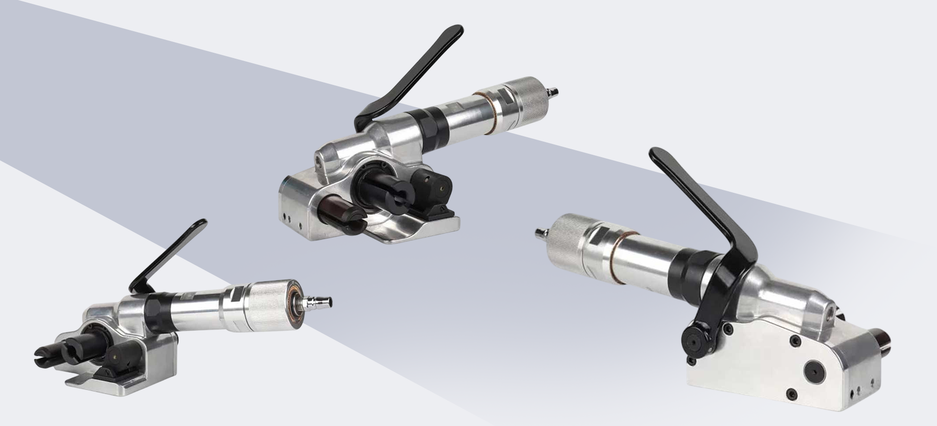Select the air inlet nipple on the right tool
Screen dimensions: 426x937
(x=540, y=232)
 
